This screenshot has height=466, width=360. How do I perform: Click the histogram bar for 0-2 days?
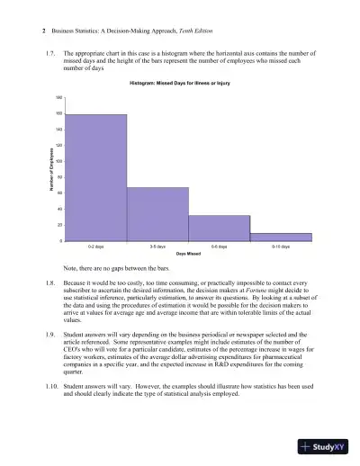click(x=95, y=177)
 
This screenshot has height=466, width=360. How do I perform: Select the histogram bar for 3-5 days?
click(x=157, y=214)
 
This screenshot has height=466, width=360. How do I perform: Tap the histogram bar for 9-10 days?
click(x=281, y=237)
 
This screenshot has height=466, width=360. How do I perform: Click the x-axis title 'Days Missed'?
click(x=187, y=254)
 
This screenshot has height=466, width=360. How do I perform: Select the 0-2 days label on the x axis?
click(x=95, y=246)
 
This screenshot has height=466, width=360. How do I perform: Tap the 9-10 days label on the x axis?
click(x=281, y=246)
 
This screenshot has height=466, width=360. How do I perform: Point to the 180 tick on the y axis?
click(x=58, y=96)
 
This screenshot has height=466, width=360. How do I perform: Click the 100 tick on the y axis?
click(x=58, y=160)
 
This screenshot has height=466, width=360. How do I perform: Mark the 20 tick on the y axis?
click(x=59, y=225)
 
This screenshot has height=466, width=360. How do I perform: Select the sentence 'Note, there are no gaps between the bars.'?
click(x=117, y=269)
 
